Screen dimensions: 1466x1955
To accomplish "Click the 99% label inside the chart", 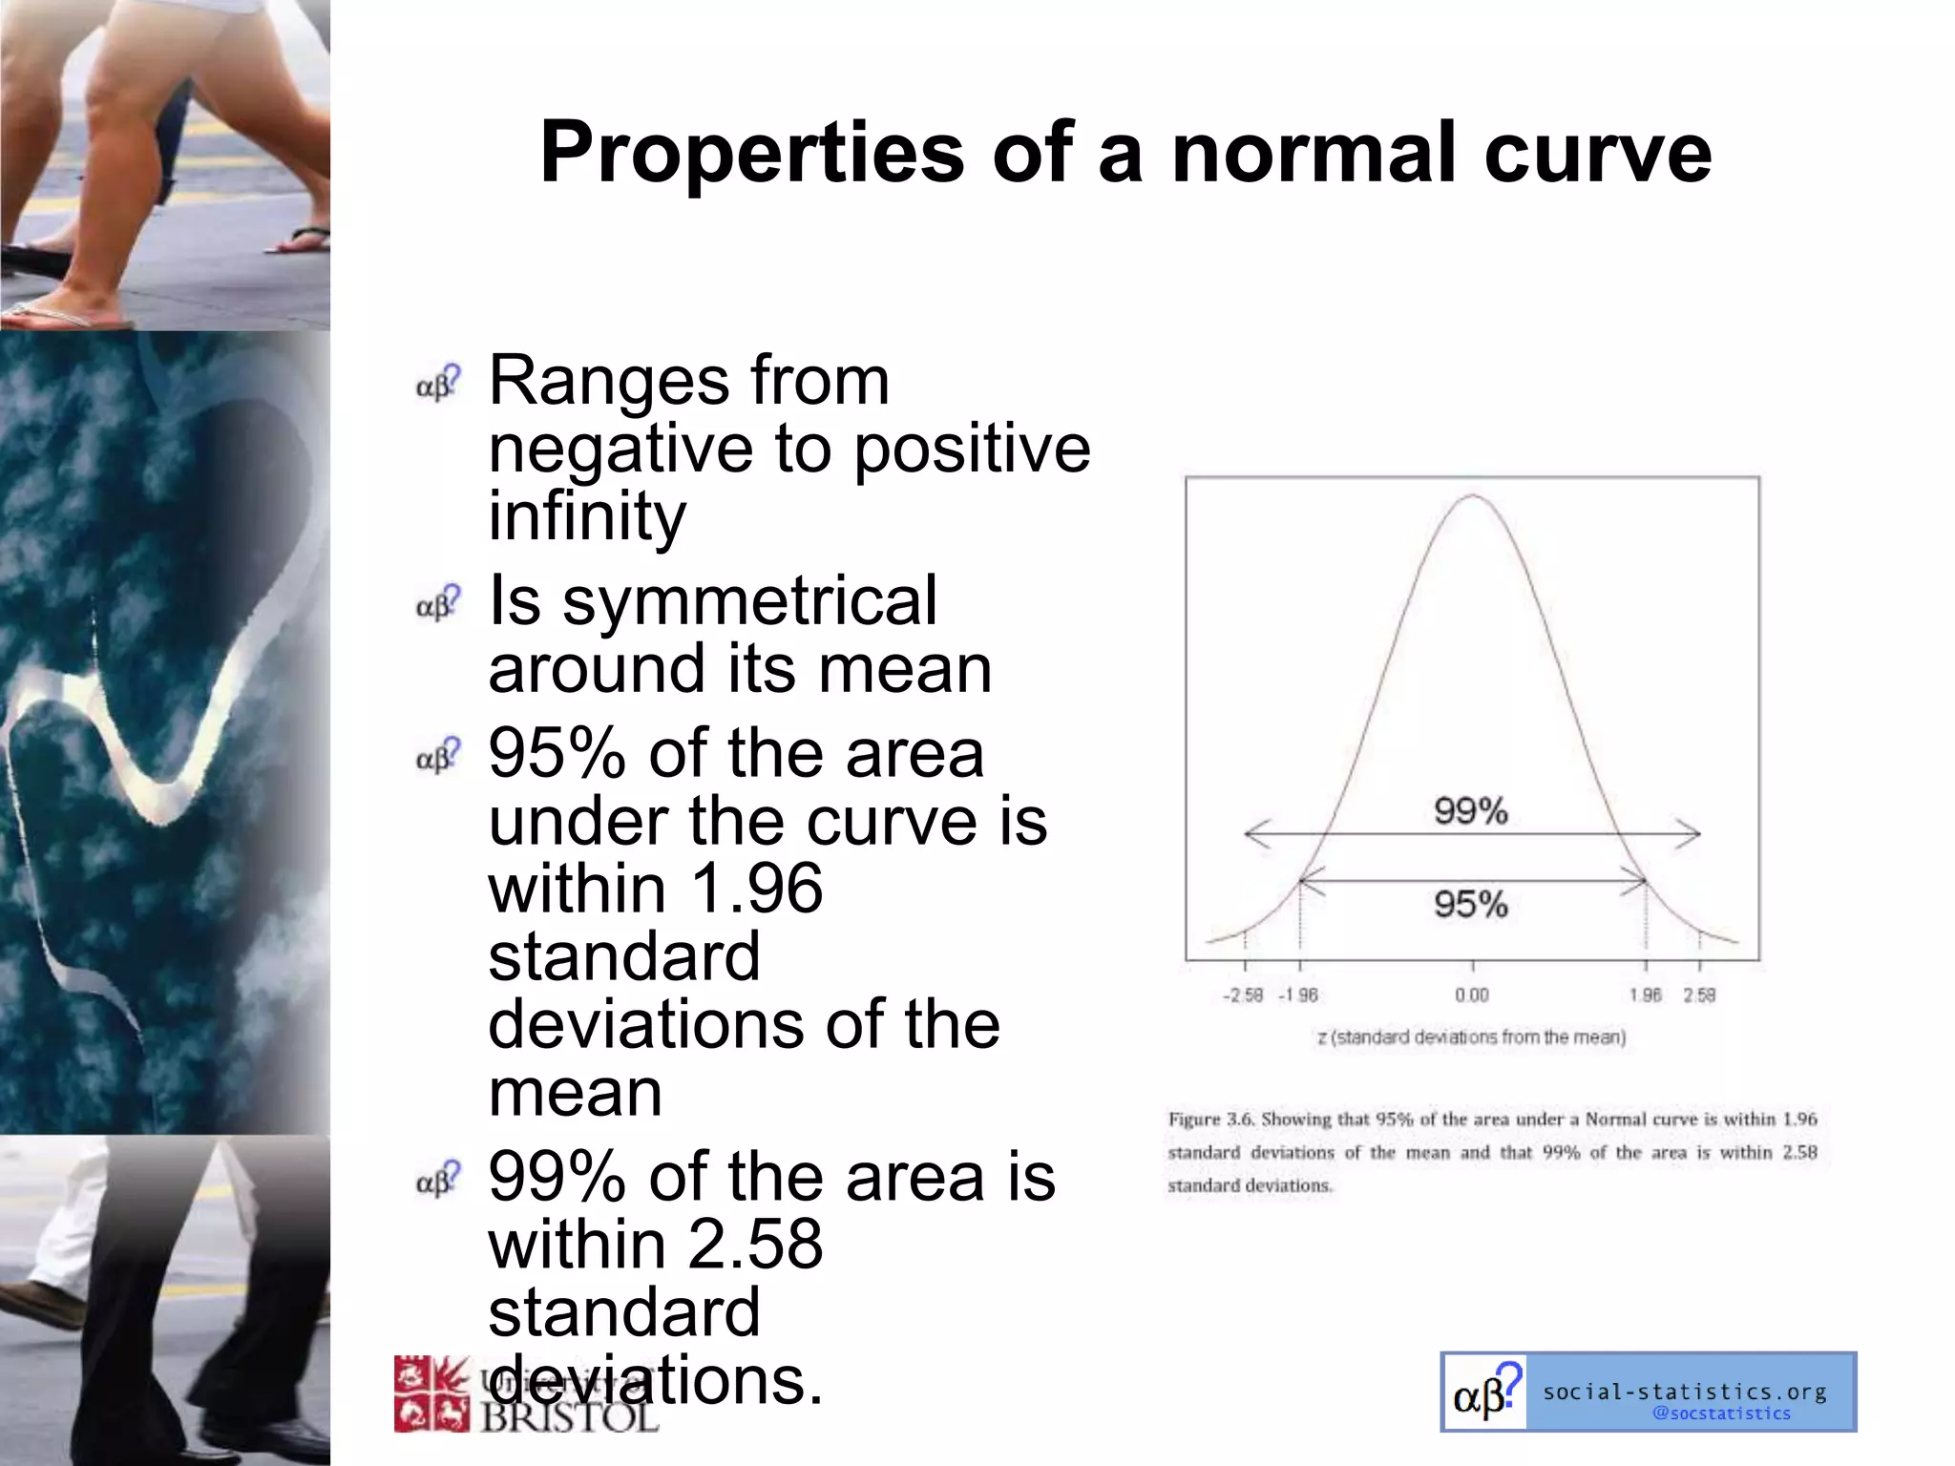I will click(1470, 811).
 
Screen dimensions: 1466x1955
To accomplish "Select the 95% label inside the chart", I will click(1470, 904).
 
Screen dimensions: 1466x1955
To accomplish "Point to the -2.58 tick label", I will click(1243, 995).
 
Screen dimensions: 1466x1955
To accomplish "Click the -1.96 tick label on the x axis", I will click(1298, 995).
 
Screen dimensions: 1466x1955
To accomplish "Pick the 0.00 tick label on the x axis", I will click(1472, 995).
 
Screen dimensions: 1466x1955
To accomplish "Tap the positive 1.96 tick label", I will click(1646, 995).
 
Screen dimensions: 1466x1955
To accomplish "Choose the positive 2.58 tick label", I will click(1699, 995).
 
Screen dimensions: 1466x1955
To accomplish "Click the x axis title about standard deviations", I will click(1472, 1037).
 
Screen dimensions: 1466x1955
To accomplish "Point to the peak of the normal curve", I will click(1473, 495).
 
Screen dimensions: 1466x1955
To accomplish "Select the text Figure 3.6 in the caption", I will click(1209, 1119).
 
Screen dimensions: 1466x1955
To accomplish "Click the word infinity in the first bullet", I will click(587, 515).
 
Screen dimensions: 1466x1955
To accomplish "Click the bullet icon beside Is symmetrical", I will click(438, 603).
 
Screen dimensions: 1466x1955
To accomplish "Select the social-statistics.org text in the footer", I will click(1685, 1392).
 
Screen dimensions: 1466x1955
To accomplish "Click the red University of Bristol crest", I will click(431, 1393).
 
